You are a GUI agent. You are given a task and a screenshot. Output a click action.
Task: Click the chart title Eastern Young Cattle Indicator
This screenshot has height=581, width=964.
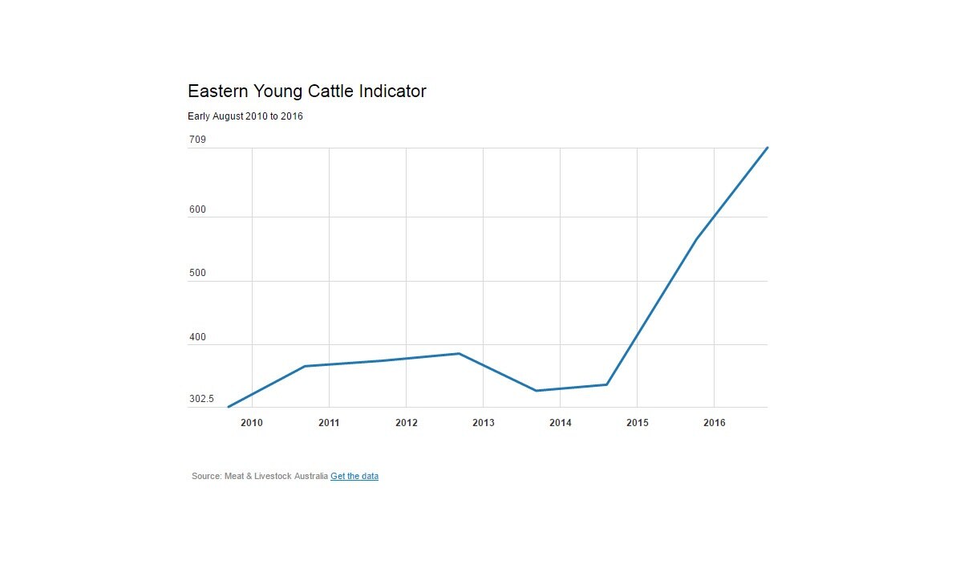pyautogui.click(x=306, y=91)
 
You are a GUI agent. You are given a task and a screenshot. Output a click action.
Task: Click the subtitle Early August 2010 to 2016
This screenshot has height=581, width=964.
pyautogui.click(x=245, y=116)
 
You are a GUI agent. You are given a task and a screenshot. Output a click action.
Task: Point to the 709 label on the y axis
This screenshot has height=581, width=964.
pyautogui.click(x=197, y=140)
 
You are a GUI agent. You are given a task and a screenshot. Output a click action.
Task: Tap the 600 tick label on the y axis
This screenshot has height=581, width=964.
pyautogui.click(x=197, y=210)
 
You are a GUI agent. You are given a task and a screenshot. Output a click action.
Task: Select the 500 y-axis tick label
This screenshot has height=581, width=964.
pyautogui.click(x=197, y=274)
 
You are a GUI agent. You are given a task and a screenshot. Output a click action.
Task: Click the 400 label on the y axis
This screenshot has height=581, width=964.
pyautogui.click(x=197, y=338)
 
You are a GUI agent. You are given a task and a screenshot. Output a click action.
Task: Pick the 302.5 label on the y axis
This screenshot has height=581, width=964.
pyautogui.click(x=201, y=400)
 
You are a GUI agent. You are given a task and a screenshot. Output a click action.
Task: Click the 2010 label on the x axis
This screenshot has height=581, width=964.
pyautogui.click(x=252, y=423)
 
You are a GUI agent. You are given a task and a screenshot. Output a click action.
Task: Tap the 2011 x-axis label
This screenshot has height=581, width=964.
pyautogui.click(x=329, y=423)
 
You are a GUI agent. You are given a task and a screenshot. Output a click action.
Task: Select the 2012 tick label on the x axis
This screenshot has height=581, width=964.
pyautogui.click(x=406, y=423)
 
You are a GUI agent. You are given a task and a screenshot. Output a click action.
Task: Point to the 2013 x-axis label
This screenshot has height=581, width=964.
pyautogui.click(x=483, y=423)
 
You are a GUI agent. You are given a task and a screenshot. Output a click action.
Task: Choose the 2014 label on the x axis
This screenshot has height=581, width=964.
pyautogui.click(x=560, y=423)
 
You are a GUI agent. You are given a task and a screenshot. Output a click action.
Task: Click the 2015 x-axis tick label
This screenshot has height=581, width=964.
pyautogui.click(x=637, y=423)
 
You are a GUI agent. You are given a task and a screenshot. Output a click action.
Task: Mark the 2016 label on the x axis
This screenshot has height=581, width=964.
pyautogui.click(x=714, y=423)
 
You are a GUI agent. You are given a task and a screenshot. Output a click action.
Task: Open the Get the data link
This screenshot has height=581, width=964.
pyautogui.click(x=354, y=477)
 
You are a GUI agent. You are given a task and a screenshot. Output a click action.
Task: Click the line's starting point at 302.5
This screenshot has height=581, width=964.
pyautogui.click(x=229, y=407)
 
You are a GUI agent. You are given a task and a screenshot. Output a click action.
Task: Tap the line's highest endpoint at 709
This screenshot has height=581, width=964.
pyautogui.click(x=768, y=148)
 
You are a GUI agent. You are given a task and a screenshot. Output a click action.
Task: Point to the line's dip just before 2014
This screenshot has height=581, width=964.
pyautogui.click(x=536, y=391)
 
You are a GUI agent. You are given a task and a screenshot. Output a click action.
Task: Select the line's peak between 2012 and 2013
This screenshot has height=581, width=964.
pyautogui.click(x=459, y=353)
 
